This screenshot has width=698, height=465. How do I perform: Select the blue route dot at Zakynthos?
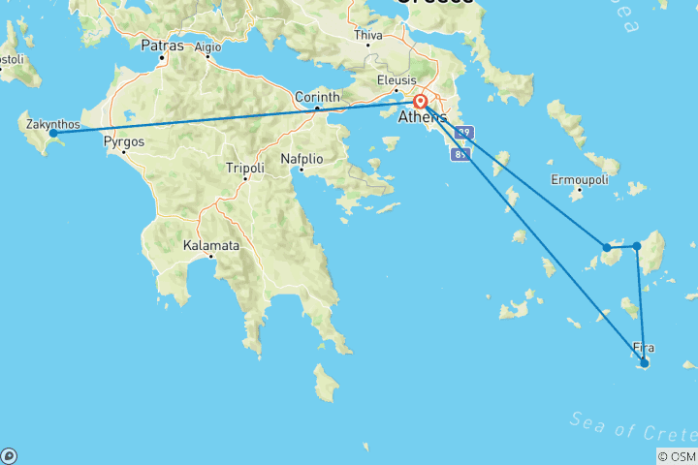point(53,133)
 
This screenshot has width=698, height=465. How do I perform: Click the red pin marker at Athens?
point(421,102)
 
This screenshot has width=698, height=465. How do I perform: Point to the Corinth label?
point(318,97)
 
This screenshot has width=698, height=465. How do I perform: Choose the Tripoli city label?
point(244,168)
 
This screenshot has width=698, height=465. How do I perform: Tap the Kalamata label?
point(210,245)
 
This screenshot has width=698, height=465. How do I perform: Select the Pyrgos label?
point(123,140)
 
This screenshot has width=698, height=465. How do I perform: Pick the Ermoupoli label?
point(579,179)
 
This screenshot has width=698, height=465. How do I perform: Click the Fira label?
point(643,347)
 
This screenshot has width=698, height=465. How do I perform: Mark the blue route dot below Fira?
point(644,363)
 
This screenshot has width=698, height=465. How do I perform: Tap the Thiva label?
point(368,35)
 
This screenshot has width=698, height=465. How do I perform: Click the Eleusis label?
point(397,80)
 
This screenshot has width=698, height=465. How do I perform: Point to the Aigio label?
point(207,46)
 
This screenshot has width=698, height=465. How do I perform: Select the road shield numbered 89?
point(461,154)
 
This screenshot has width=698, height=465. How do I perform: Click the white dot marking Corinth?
point(317,108)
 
